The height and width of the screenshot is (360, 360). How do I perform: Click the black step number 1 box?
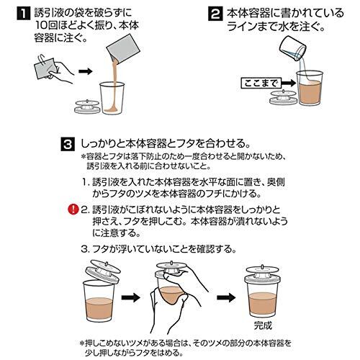(24, 14)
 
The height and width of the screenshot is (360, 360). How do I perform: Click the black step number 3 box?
(68, 144)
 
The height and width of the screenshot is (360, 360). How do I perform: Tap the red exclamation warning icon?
(73, 210)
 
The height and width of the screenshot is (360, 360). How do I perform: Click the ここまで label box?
(260, 84)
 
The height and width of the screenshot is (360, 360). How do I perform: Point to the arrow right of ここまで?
(288, 84)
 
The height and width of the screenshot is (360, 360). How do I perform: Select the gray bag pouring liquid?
(123, 48)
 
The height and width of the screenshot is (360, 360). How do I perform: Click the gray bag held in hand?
(46, 68)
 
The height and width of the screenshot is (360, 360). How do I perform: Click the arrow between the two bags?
(86, 71)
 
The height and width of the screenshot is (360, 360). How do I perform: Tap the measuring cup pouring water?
(293, 48)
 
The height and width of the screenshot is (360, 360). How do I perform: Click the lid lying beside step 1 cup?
(87, 107)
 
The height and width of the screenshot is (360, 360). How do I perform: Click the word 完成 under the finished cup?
(263, 325)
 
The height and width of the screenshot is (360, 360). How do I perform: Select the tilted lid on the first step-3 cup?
(103, 272)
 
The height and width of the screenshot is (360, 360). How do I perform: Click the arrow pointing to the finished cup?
(226, 297)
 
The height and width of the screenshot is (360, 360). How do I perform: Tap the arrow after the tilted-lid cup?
(131, 297)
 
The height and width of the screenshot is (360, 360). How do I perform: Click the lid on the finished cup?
(263, 274)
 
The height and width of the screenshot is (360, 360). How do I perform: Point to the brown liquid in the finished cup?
(263, 304)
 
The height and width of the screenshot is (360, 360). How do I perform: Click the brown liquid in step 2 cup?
(310, 92)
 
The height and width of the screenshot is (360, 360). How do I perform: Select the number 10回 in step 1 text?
(46, 25)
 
